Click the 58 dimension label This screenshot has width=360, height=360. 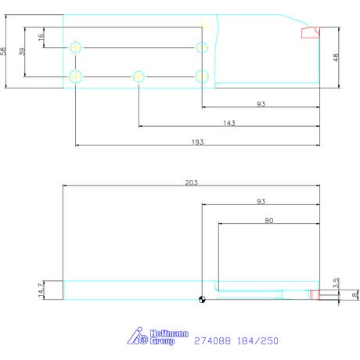click(3, 51)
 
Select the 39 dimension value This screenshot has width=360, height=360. click(22, 52)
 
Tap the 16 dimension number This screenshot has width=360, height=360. click(41, 37)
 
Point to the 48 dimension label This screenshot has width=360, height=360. click(336, 57)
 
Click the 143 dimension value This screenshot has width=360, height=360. click(229, 123)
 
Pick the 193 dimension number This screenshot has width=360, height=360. click(197, 142)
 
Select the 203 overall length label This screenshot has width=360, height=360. click(191, 182)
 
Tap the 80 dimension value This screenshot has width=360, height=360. click(269, 221)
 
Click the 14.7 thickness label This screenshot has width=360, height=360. click(41, 290)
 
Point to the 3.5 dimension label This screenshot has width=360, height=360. click(336, 283)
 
